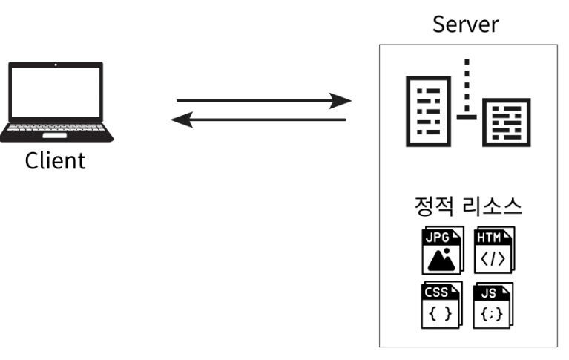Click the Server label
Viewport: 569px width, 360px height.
[x=466, y=24]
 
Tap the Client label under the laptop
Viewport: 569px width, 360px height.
[x=56, y=160]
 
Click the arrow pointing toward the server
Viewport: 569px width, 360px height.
[x=263, y=100]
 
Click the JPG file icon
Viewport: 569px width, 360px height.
[x=442, y=251]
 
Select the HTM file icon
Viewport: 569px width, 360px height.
[x=493, y=251]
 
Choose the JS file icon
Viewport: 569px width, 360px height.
[x=493, y=305]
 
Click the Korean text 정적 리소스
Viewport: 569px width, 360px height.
[x=467, y=206]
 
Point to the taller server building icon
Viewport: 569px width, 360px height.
[x=427, y=110]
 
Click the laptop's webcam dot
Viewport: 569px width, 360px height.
[x=56, y=66]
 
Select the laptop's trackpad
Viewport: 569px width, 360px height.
[x=56, y=136]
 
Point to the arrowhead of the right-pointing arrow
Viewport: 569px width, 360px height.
[x=341, y=100]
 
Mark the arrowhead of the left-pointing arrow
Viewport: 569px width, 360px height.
[x=180, y=120]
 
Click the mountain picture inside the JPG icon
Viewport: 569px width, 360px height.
[x=441, y=260]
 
